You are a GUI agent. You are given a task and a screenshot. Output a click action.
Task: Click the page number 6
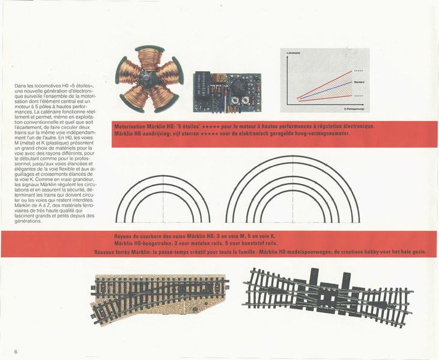point(16,350)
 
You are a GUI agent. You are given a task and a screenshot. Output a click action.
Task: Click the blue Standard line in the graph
point(324,86)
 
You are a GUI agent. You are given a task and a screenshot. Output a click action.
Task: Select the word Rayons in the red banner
point(123,236)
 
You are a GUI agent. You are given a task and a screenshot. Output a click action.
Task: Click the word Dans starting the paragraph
point(19,86)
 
